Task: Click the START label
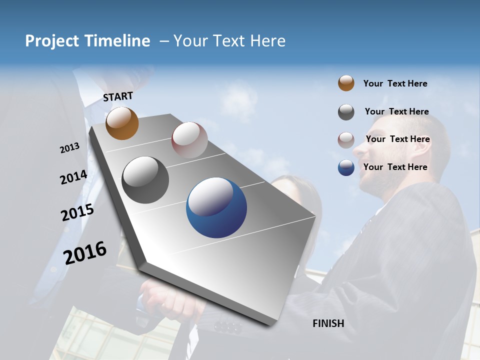(x=118, y=96)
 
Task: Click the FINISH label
(x=328, y=323)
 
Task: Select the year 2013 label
(x=69, y=148)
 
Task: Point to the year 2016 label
(x=84, y=253)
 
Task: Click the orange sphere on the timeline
(x=122, y=123)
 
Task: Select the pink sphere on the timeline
(x=189, y=139)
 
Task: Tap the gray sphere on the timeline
(x=145, y=179)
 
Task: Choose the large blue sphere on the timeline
(x=216, y=207)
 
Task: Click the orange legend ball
(x=346, y=83)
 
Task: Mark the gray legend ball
(x=346, y=112)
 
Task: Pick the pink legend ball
(x=346, y=140)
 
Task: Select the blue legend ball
(x=346, y=167)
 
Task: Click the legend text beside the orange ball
(x=395, y=83)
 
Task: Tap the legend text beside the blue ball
(x=395, y=167)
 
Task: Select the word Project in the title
(x=51, y=41)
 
